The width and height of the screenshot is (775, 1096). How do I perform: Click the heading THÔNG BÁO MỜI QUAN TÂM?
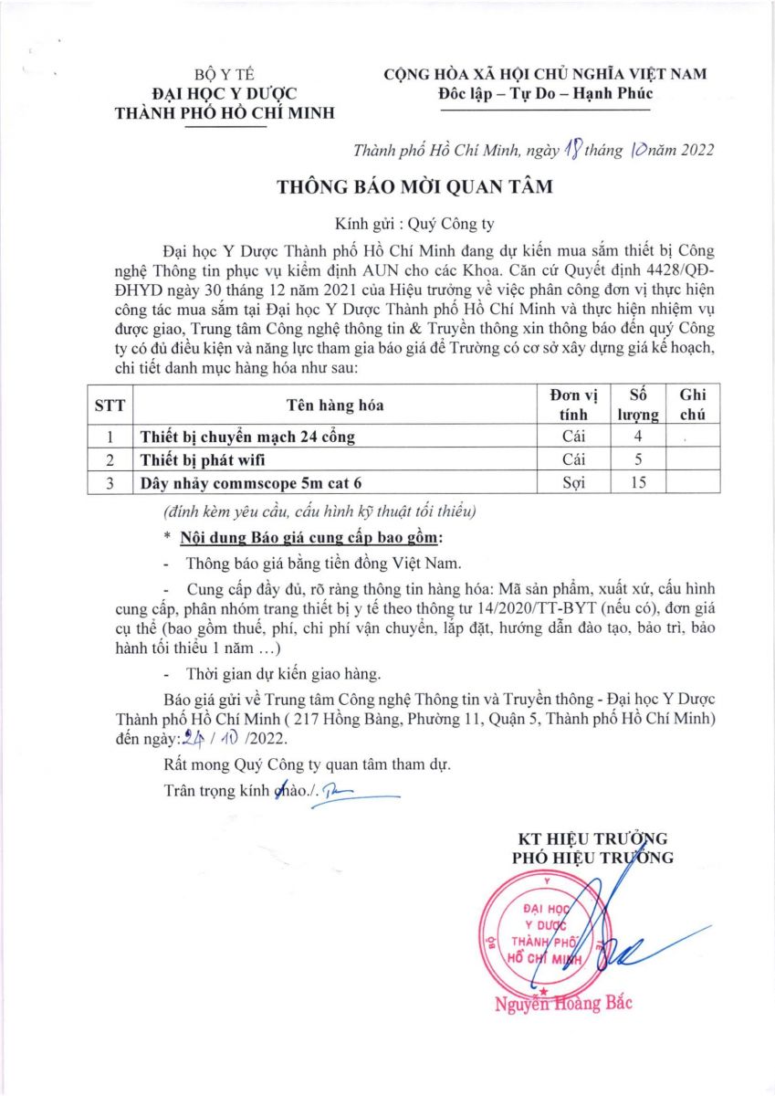point(415,187)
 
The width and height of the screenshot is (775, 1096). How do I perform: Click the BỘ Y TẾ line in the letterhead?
point(218,75)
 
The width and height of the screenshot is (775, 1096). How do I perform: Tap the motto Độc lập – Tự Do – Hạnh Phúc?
point(545,92)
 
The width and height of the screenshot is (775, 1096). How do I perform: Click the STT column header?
point(110,404)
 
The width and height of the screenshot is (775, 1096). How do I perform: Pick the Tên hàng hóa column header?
point(334,404)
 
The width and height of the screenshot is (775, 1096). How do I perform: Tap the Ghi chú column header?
point(693,404)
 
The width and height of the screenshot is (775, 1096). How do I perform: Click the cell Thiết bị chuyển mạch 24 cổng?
point(246,437)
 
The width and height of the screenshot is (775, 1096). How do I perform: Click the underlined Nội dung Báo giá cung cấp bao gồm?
point(311,536)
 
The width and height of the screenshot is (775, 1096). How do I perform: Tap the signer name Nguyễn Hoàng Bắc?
point(562,1003)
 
